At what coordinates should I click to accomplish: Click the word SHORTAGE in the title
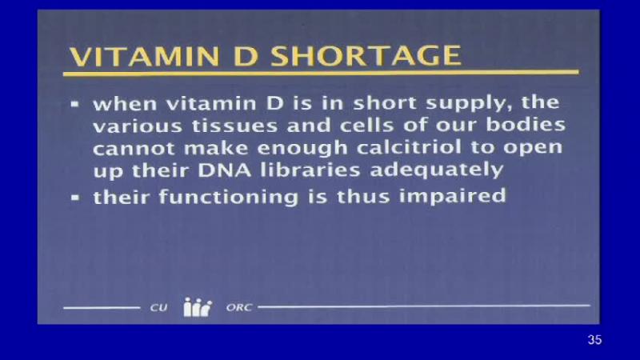[366, 55]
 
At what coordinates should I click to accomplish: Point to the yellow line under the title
[321, 73]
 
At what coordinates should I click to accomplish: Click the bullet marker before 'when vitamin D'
[74, 104]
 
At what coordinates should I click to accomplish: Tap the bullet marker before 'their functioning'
[74, 198]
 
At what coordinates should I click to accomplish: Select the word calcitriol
[409, 146]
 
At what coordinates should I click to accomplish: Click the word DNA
[225, 170]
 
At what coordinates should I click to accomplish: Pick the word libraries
[310, 170]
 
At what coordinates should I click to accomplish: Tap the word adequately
[436, 170]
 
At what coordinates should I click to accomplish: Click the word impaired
[453, 197]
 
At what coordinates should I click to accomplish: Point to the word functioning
[229, 197]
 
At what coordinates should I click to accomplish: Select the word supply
[470, 103]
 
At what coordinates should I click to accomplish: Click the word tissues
[234, 126]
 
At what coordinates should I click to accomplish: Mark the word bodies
[526, 124]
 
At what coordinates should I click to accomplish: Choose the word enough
[302, 148]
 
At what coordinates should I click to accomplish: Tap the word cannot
[134, 148]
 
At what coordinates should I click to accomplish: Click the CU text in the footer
[158, 307]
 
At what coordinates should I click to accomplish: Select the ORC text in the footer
[239, 307]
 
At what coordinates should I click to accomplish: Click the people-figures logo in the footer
[198, 307]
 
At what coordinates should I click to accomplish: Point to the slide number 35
[594, 339]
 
